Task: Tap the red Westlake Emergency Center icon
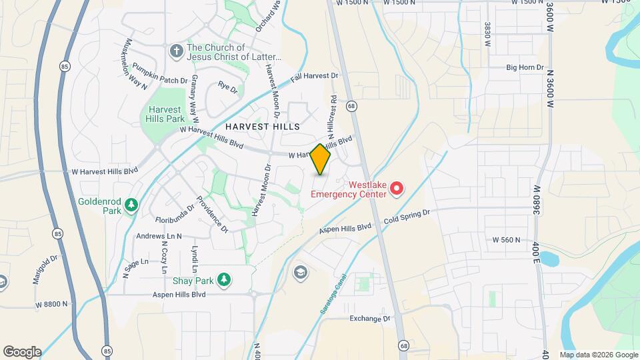[397, 188]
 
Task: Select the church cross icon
[176, 51]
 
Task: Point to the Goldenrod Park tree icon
[132, 204]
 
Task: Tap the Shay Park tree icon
[225, 279]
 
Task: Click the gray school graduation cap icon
[300, 272]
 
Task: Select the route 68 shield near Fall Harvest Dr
[351, 106]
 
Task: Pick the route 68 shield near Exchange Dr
[404, 345]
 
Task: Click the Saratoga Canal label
[335, 289]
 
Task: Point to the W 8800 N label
[53, 304]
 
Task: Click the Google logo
[22, 351]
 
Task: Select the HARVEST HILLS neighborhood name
[262, 126]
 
